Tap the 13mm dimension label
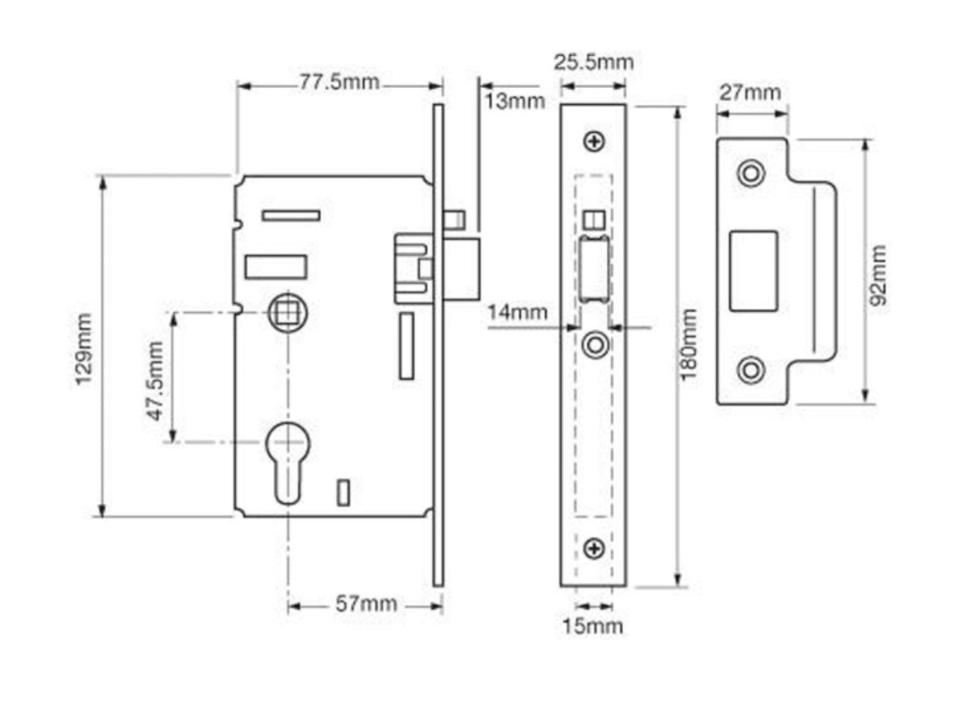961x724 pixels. [514, 102]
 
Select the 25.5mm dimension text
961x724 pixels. [593, 62]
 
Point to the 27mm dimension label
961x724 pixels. [751, 92]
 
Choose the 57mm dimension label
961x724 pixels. [366, 605]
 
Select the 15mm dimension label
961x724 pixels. [592, 627]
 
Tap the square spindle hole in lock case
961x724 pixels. [287, 313]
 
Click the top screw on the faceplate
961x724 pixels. [594, 142]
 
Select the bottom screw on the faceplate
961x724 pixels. [594, 548]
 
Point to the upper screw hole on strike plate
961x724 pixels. [750, 173]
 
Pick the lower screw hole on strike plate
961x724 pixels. [750, 369]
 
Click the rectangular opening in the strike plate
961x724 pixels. [753, 271]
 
